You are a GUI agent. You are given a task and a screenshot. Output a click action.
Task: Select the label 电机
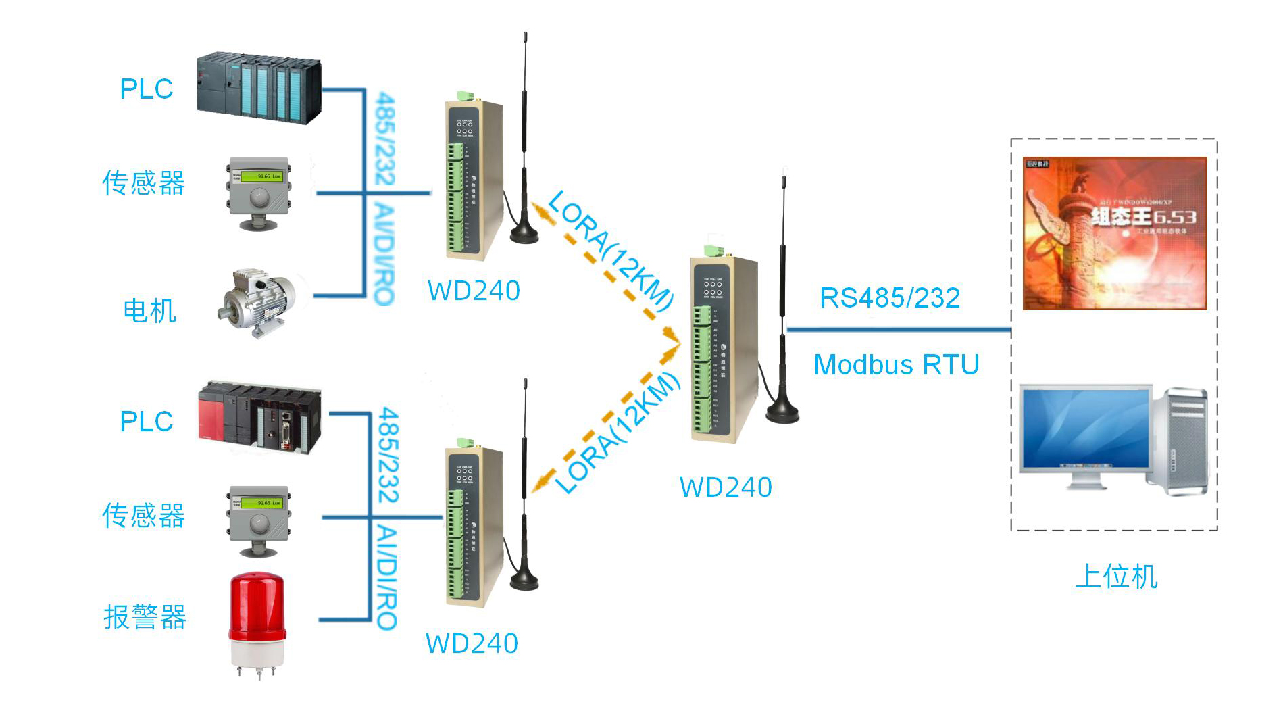click(x=149, y=311)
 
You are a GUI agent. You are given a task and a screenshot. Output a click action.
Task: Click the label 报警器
click(x=145, y=616)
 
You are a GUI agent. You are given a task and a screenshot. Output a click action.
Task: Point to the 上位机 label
click(x=1116, y=577)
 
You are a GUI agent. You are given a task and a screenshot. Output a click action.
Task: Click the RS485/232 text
click(x=890, y=298)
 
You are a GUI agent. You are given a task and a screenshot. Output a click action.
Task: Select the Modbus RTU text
click(x=897, y=365)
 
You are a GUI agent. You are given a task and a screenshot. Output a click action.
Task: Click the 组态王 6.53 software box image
click(x=1115, y=234)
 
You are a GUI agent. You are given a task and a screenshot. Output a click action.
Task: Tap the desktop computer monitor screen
click(x=1085, y=429)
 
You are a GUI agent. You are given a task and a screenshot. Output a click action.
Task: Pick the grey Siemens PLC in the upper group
click(x=259, y=88)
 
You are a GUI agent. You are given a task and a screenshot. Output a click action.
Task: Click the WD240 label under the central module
click(x=726, y=487)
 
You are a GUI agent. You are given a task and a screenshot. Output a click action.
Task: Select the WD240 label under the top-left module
click(x=474, y=291)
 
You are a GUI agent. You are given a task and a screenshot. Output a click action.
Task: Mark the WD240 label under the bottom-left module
click(x=472, y=643)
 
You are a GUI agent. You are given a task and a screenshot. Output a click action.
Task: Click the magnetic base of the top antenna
click(x=524, y=233)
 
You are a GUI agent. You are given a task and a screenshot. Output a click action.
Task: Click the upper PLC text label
click(x=146, y=89)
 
